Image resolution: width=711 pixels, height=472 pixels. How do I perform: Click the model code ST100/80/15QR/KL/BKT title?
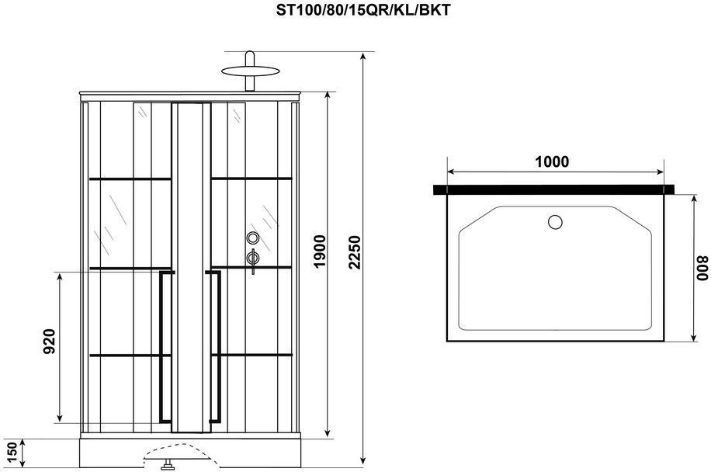(363, 10)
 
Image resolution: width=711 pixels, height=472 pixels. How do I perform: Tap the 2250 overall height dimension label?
(355, 252)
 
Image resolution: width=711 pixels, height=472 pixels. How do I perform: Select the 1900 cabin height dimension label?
(320, 252)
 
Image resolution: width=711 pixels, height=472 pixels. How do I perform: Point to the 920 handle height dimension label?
(49, 341)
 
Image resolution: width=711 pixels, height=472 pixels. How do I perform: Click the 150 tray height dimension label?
(12, 452)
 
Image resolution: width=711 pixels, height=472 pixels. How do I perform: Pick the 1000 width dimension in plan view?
(552, 161)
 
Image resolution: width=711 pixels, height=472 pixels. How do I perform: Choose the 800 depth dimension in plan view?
(702, 268)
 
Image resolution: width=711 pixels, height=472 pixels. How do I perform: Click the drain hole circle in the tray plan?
(555, 222)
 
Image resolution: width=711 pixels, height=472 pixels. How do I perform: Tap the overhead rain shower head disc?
(250, 71)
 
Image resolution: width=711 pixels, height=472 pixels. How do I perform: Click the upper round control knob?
(253, 238)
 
